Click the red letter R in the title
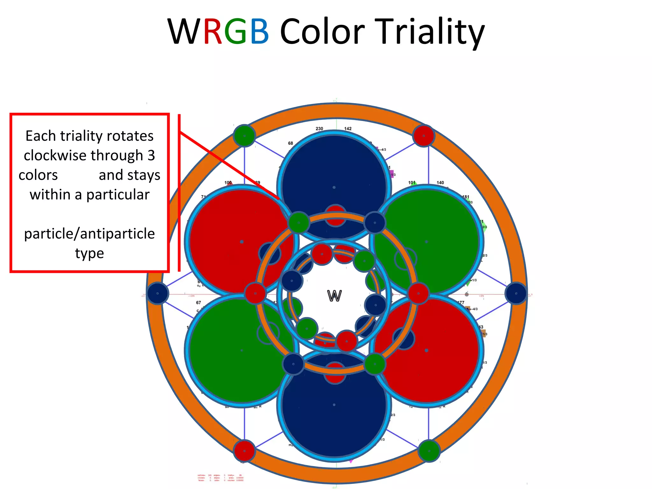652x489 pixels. pos(213,32)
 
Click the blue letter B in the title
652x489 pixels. pos(259,32)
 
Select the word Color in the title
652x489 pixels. pos(322,32)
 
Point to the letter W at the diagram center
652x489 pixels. pos(334,296)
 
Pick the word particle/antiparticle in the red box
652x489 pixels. pos(89,234)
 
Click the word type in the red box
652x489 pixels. pos(89,253)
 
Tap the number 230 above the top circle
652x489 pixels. pos(319,129)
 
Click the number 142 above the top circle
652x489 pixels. pos(348,129)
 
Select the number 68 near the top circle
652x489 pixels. pos(290,143)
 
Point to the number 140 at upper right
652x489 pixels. pos(440,183)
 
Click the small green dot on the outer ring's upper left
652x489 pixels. pos(244,136)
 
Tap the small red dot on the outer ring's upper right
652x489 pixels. pos(423,136)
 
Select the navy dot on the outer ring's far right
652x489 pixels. pos(516,293)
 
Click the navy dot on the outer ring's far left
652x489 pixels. pos(157,293)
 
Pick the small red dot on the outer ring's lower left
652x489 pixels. pos(244,450)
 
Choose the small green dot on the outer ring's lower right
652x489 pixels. pos(429,450)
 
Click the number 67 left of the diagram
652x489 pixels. pos(198,302)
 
